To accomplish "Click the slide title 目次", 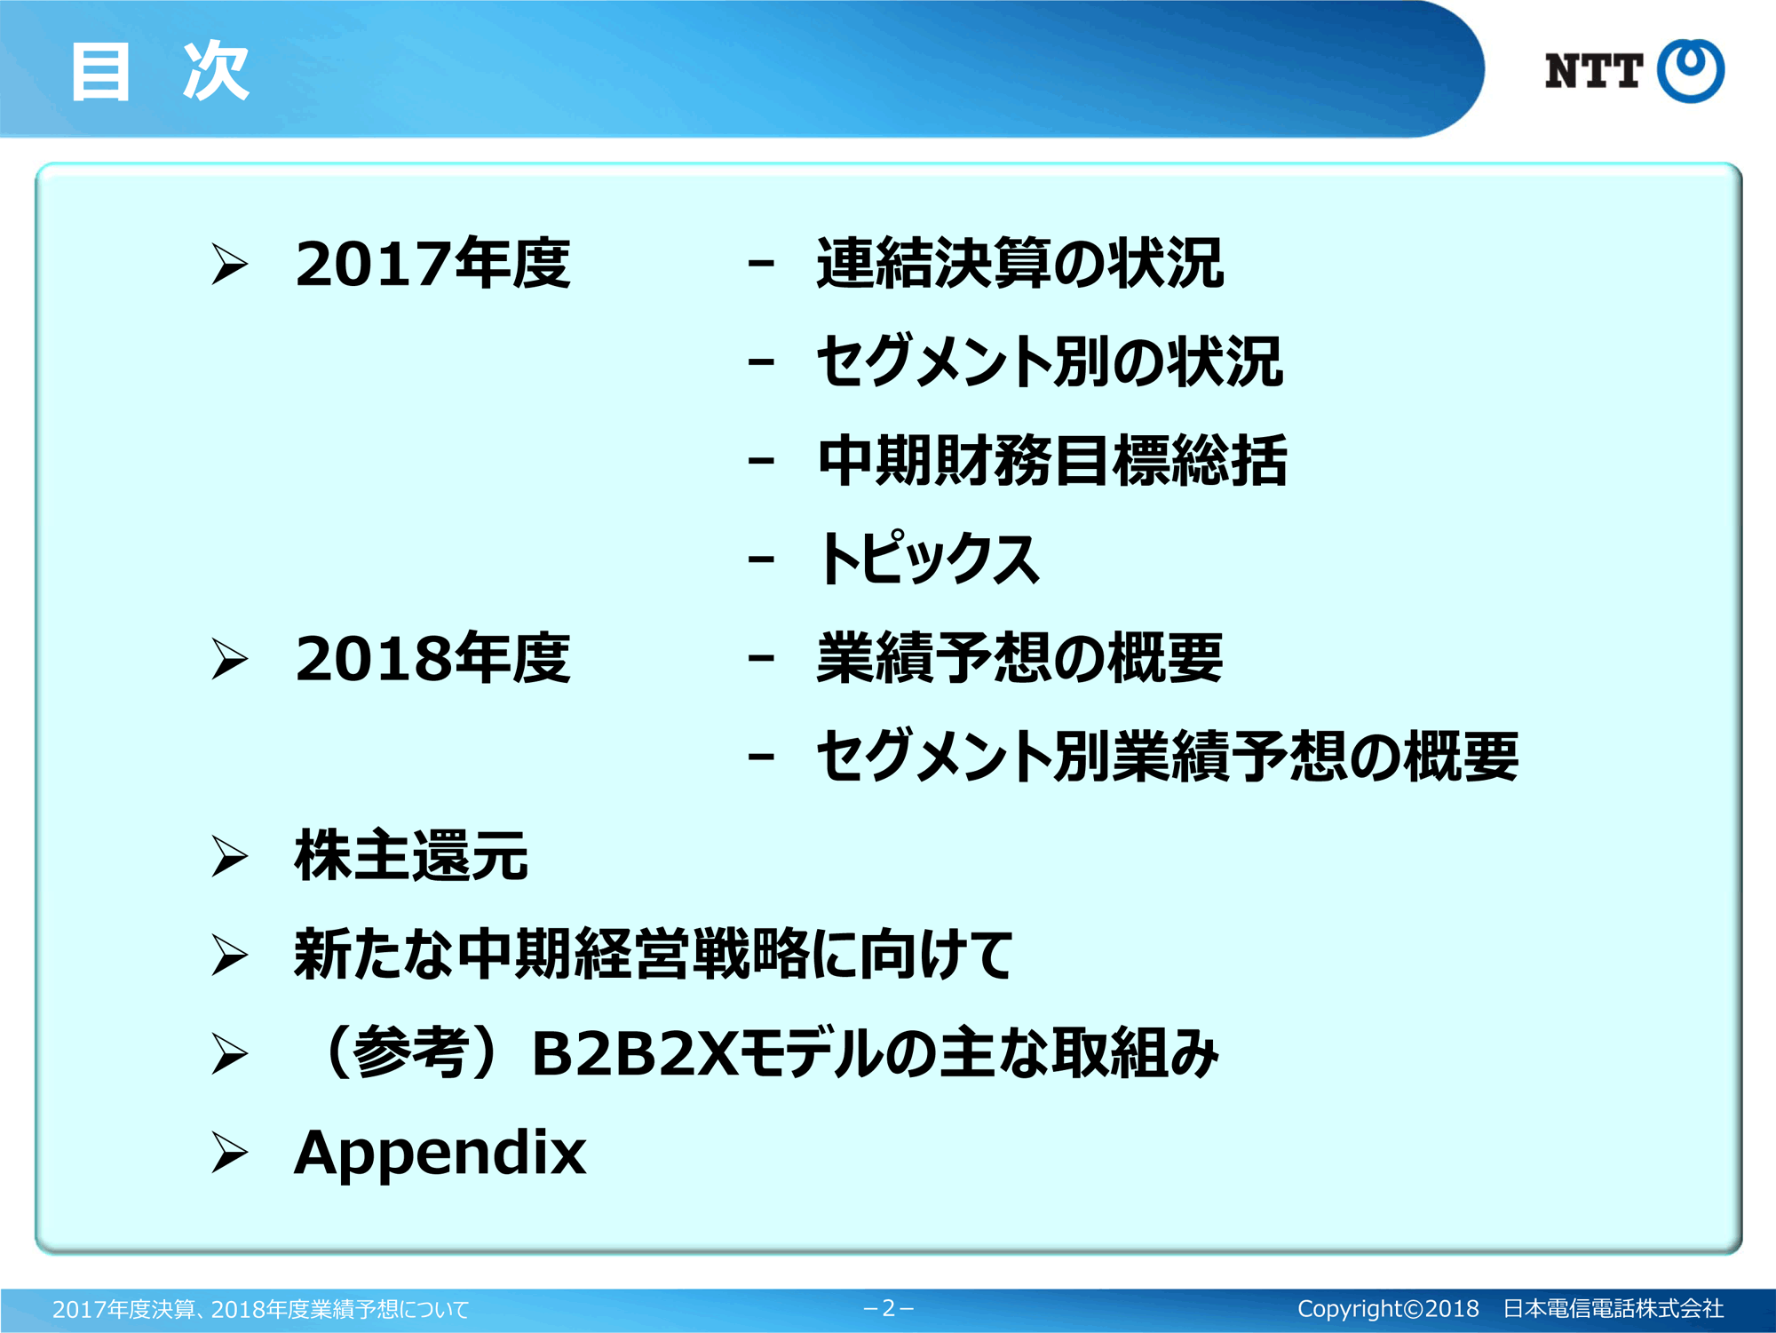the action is coord(160,71).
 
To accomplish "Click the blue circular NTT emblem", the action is coord(1691,71).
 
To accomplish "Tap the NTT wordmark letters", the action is coord(1593,71).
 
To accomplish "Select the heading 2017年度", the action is coord(432,264).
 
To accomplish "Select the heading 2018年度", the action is coord(432,658).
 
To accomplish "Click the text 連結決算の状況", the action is coord(1020,264).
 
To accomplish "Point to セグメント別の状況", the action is coord(1050,362).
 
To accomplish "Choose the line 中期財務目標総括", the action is coord(1052,461).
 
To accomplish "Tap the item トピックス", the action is coord(928,559).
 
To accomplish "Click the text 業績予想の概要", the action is coord(1020,658).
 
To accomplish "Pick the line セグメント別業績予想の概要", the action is coord(1168,757).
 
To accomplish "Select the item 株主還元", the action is coord(411,855).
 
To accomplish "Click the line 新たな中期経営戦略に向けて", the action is coord(654,955).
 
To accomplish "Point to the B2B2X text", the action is coord(634,1054).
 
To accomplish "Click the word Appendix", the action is coord(440,1153).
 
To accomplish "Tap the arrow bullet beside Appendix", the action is coord(229,1153).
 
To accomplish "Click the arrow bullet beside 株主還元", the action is coord(229,856).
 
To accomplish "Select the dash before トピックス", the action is coord(761,559).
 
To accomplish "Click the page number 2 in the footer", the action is coord(888,1308).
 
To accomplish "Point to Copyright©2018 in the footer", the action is coord(1388,1309).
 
